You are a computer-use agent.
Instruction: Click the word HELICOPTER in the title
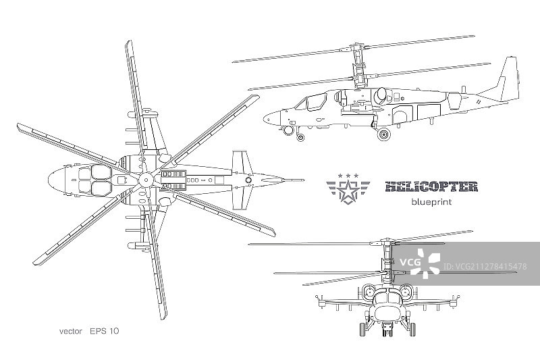point(431,186)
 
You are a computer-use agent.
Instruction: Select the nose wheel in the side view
point(300,136)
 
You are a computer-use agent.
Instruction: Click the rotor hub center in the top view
point(143,180)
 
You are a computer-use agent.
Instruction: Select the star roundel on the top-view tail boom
point(249,180)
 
